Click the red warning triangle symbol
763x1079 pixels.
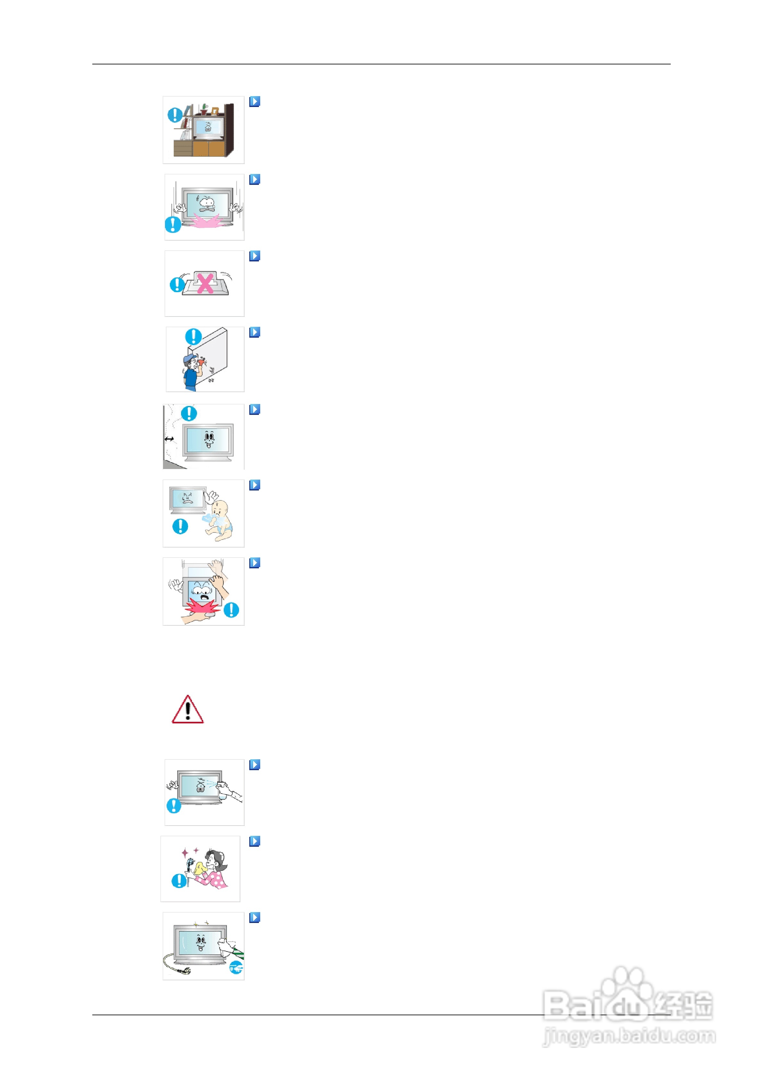(x=187, y=710)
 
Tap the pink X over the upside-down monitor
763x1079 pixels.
(x=205, y=284)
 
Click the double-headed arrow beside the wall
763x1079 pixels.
(x=169, y=439)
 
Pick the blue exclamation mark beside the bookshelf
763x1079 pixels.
(x=175, y=115)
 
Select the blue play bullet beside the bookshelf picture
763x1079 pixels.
(x=254, y=102)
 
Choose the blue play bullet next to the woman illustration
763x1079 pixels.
(x=254, y=841)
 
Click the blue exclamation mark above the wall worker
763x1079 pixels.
(x=193, y=336)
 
